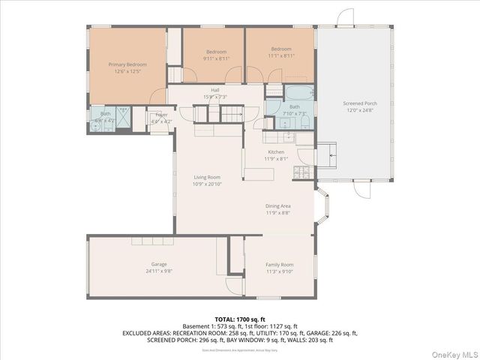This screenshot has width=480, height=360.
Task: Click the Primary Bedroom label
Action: coord(127,64)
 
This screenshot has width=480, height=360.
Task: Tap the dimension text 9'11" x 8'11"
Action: coord(215,58)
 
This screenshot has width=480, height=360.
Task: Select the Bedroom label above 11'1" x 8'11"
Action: coord(281,49)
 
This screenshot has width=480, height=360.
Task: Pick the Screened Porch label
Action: coord(360,103)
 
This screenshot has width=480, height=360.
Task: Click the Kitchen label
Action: coord(276,152)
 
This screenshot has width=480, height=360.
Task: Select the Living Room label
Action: coord(207,177)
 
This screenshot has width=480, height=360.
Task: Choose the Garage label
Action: coord(159,265)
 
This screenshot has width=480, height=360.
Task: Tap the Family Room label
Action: coord(280,265)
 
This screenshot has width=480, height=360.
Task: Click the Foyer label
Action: coord(162,115)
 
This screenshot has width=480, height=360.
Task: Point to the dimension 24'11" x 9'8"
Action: coord(159,271)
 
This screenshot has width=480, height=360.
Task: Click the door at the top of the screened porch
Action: coord(344,17)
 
